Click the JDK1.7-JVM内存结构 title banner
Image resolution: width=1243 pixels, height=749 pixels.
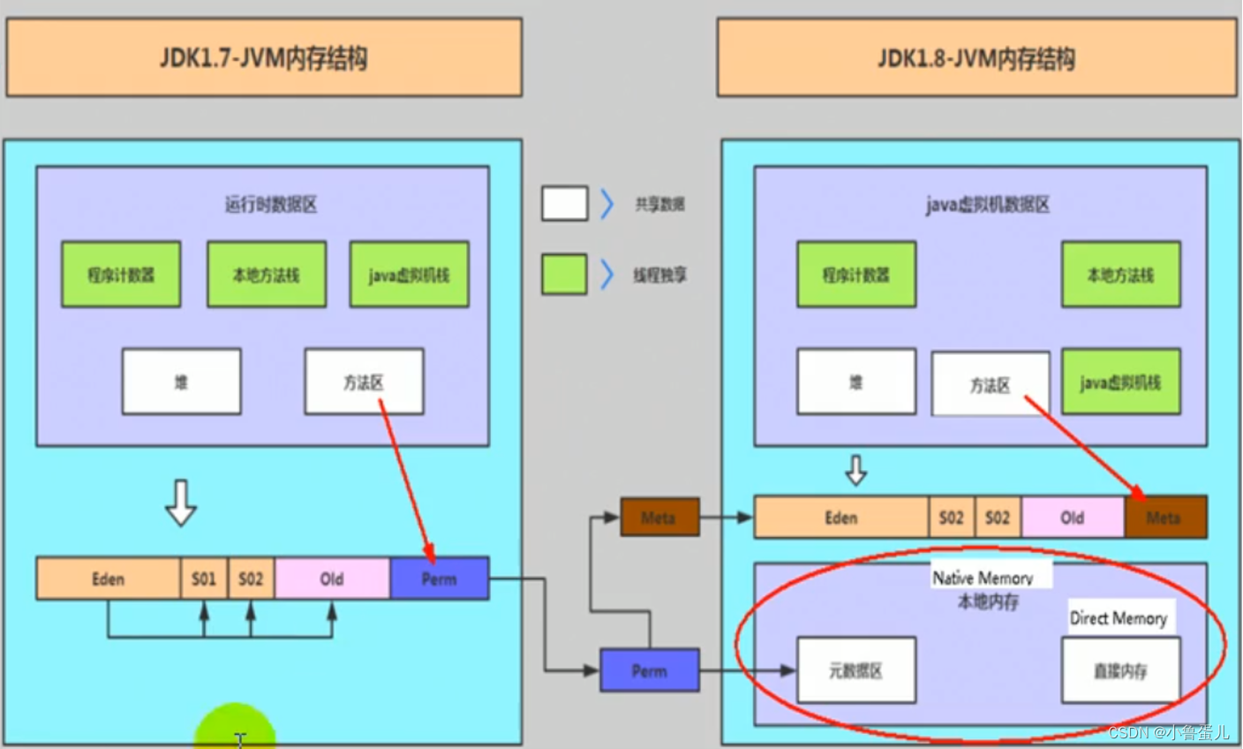tap(263, 58)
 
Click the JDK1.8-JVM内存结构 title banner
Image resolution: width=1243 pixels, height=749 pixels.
tap(976, 58)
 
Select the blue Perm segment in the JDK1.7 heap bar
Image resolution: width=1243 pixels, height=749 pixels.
tap(439, 579)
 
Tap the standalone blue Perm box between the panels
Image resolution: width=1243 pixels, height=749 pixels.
tap(650, 670)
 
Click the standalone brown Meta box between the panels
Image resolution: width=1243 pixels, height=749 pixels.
tap(659, 518)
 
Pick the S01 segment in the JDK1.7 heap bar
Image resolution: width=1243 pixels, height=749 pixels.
tap(204, 579)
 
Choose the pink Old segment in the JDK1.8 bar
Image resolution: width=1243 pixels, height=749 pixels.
tap(1073, 518)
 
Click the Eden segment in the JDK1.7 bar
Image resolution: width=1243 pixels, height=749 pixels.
tap(108, 579)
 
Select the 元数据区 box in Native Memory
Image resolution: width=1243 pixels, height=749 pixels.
tap(855, 670)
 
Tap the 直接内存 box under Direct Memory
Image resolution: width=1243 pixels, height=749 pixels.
tap(1120, 670)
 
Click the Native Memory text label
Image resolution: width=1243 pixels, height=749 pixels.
tap(983, 578)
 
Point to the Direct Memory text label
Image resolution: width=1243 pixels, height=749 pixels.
tap(1118, 618)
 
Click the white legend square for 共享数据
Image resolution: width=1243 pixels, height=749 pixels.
tap(564, 203)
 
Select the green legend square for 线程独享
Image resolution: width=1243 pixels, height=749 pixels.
tap(564, 275)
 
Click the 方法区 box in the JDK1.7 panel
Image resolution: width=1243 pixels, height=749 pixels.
tap(364, 382)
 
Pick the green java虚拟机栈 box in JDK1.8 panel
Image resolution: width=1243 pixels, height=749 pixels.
tap(1120, 382)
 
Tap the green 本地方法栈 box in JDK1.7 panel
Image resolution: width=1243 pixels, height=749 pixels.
tap(266, 275)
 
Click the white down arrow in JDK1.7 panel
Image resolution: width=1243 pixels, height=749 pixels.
tap(181, 503)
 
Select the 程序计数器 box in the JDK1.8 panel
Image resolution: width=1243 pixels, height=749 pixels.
tap(855, 275)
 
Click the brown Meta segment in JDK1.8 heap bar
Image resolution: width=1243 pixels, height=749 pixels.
tap(1164, 518)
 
